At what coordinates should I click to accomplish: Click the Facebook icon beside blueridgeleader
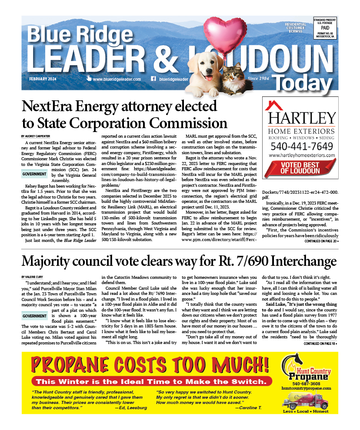click(x=153, y=79)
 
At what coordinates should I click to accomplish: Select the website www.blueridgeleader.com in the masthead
click(x=116, y=79)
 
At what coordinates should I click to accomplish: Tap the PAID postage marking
click(x=325, y=26)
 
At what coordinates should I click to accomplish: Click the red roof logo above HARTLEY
click(x=275, y=105)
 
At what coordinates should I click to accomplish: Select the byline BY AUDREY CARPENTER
click(x=37, y=136)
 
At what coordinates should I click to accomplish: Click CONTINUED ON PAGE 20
click(x=321, y=241)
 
